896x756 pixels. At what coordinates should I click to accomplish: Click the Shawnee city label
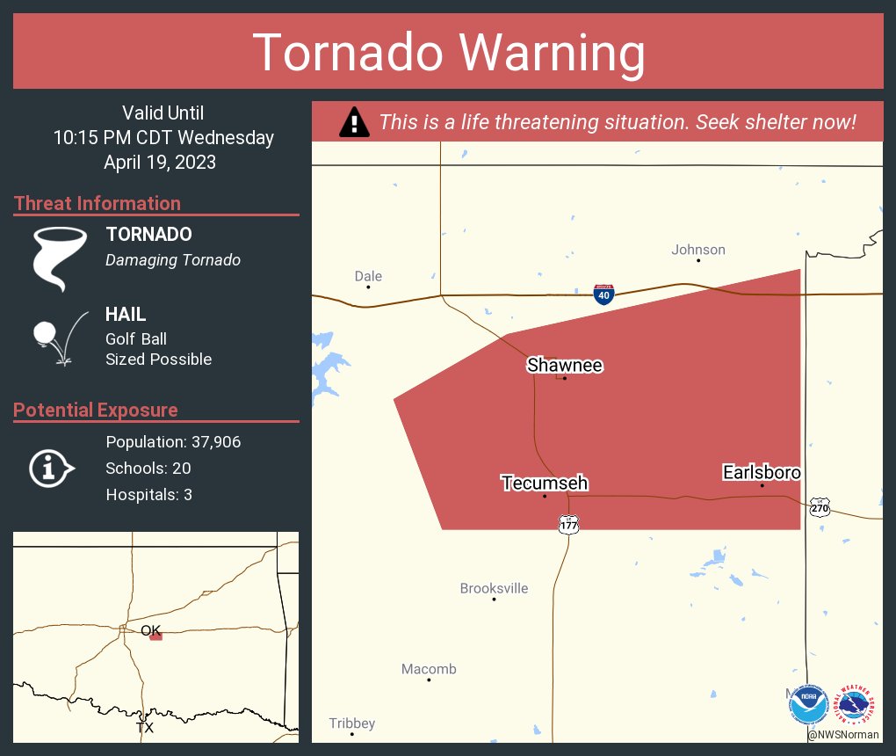tap(565, 365)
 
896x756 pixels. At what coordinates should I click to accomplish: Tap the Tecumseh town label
tap(545, 483)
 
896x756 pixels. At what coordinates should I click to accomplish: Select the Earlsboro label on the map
tap(761, 473)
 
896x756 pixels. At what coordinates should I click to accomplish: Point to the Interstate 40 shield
tap(603, 294)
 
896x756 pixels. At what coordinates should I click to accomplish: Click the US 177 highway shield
tap(568, 524)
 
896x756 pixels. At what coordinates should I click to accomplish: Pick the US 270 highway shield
tap(820, 507)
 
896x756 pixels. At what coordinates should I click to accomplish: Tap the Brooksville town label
tap(495, 588)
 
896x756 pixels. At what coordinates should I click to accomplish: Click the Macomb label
tap(429, 669)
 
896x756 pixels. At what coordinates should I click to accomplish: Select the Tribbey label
tap(352, 723)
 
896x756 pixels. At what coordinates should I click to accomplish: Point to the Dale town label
tap(368, 276)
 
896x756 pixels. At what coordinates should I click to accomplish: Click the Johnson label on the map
tap(698, 250)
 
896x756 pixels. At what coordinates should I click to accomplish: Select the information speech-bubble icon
tap(52, 469)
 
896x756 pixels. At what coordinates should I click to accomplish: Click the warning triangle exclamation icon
tap(354, 122)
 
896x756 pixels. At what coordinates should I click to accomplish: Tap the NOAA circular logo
tap(808, 705)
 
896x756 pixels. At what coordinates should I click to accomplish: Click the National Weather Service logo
tap(856, 705)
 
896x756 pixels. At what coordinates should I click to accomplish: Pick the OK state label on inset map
tap(151, 630)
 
